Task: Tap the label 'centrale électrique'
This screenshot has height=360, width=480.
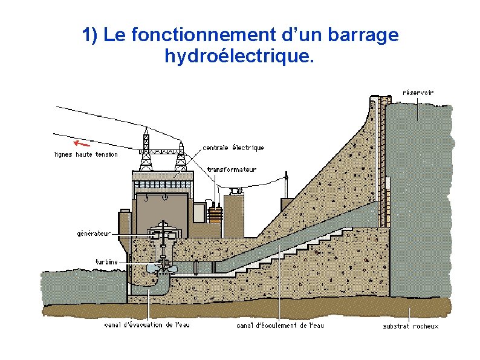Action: [233, 148]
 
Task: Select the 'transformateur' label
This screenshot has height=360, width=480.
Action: [232, 169]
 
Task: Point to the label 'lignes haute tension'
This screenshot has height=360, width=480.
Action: [86, 154]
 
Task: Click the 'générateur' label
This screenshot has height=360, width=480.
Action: [94, 233]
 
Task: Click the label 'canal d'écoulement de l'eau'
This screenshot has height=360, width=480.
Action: [280, 326]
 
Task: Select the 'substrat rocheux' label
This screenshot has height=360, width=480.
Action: [410, 327]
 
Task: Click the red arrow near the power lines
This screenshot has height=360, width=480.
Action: [81, 144]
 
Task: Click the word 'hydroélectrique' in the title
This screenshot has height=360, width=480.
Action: [239, 57]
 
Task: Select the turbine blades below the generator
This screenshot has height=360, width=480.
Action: [161, 267]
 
